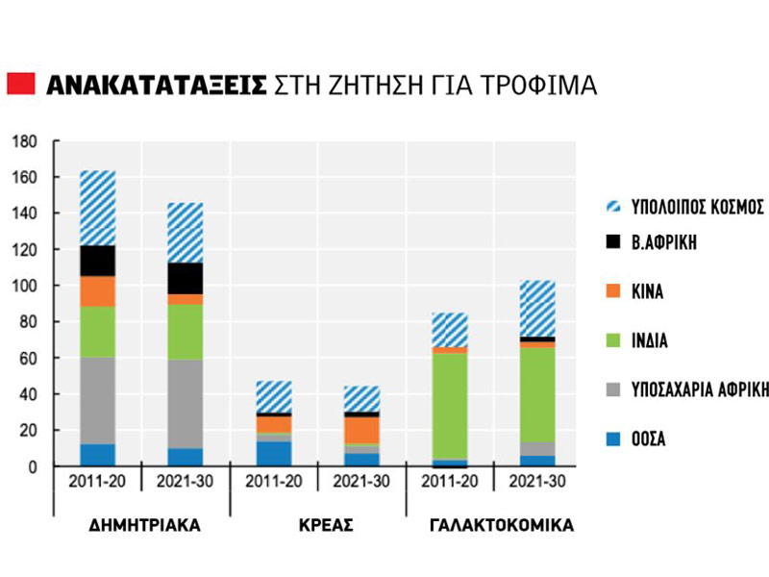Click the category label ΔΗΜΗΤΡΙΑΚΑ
pyautogui.click(x=142, y=526)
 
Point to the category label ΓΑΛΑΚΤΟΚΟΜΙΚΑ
pyautogui.click(x=496, y=526)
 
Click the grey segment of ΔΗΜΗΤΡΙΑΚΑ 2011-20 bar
pyautogui.click(x=98, y=400)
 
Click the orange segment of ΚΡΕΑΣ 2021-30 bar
pyautogui.click(x=362, y=429)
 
